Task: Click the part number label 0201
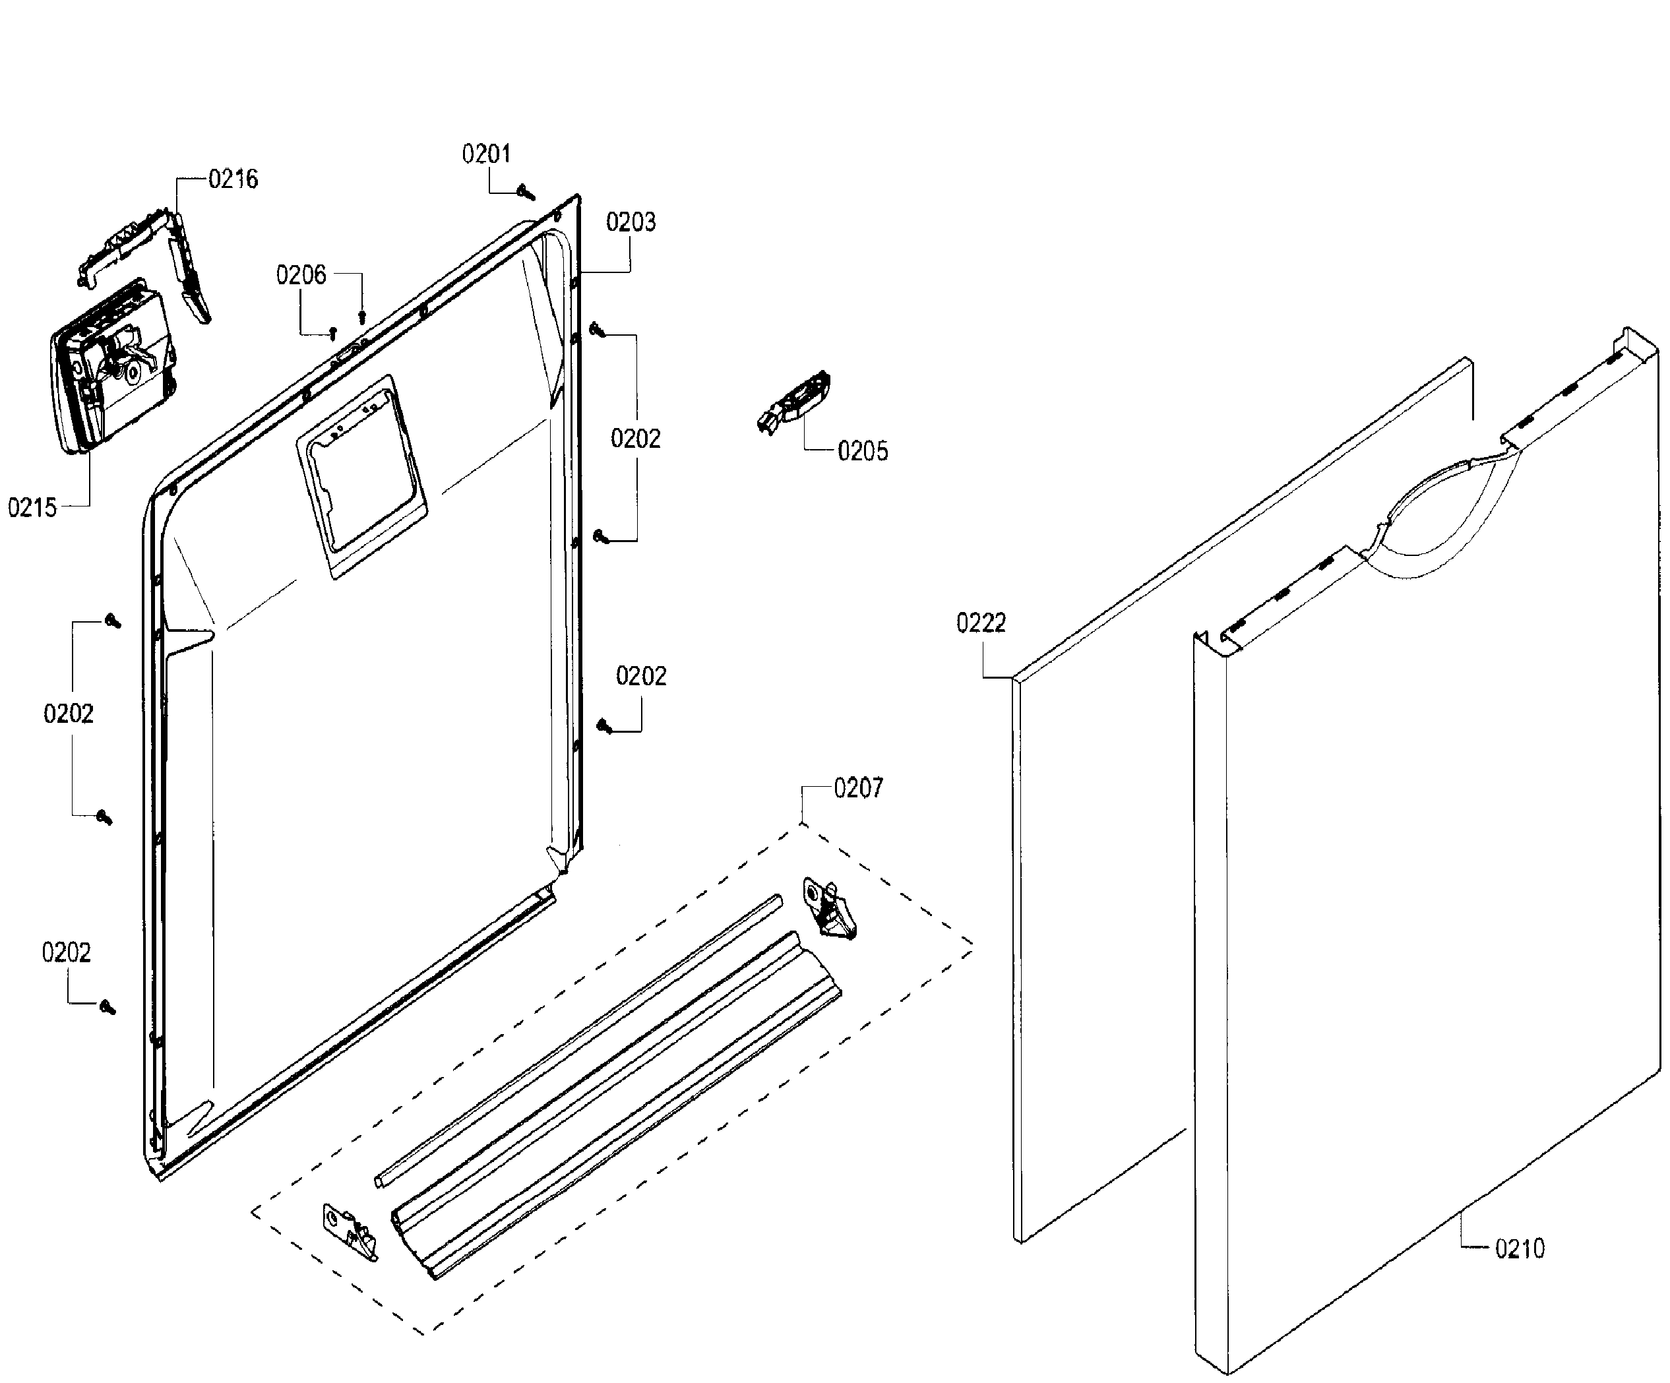pyautogui.click(x=486, y=154)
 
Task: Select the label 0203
pyautogui.click(x=631, y=222)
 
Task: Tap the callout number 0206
pyautogui.click(x=301, y=275)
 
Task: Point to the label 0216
pyautogui.click(x=233, y=179)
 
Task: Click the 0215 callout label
pyautogui.click(x=32, y=507)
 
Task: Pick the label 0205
pyautogui.click(x=863, y=451)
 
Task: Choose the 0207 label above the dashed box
pyautogui.click(x=858, y=788)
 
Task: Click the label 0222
pyautogui.click(x=981, y=623)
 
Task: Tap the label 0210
pyautogui.click(x=1520, y=1248)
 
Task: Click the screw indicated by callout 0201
pyautogui.click(x=526, y=193)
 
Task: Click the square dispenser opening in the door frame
pyautogui.click(x=361, y=476)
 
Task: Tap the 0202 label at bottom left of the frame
pyautogui.click(x=66, y=953)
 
